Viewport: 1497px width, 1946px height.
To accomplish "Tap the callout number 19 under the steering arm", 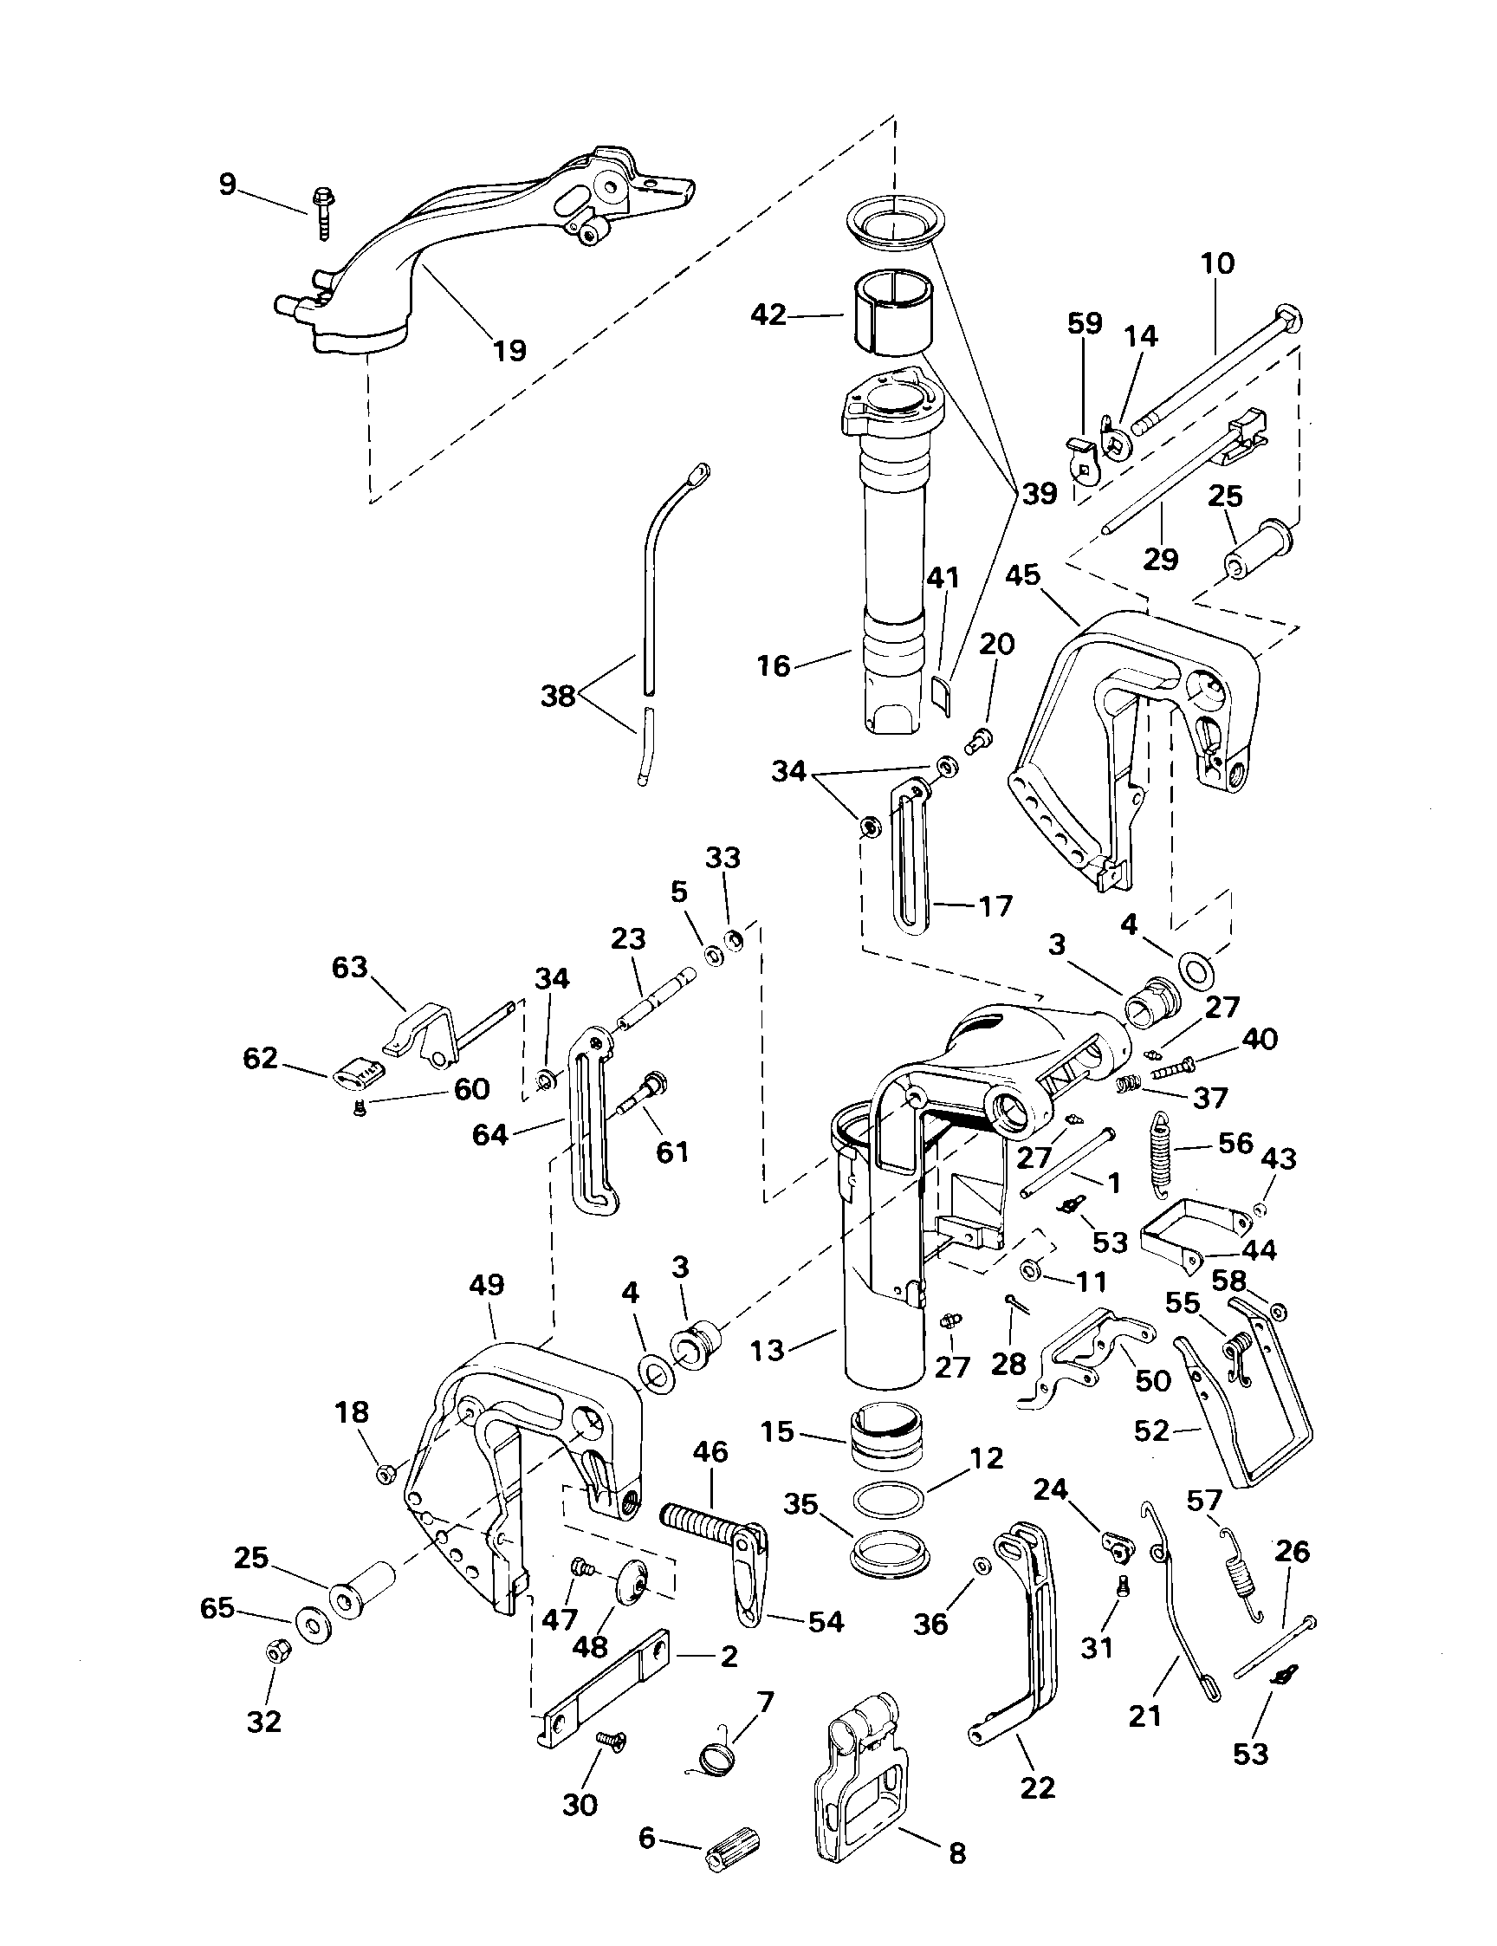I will pyautogui.click(x=509, y=350).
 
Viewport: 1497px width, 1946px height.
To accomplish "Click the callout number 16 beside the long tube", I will pyautogui.click(x=774, y=665).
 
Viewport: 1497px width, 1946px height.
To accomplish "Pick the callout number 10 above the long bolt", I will pyautogui.click(x=1217, y=263).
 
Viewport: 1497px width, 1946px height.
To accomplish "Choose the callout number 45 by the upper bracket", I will pyautogui.click(x=1022, y=575).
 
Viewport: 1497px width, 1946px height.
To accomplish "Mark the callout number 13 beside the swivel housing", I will pyautogui.click(x=768, y=1350).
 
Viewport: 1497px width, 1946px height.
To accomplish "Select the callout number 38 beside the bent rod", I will pyautogui.click(x=559, y=696).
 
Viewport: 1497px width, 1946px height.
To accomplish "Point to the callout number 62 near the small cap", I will pyautogui.click(x=260, y=1060).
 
